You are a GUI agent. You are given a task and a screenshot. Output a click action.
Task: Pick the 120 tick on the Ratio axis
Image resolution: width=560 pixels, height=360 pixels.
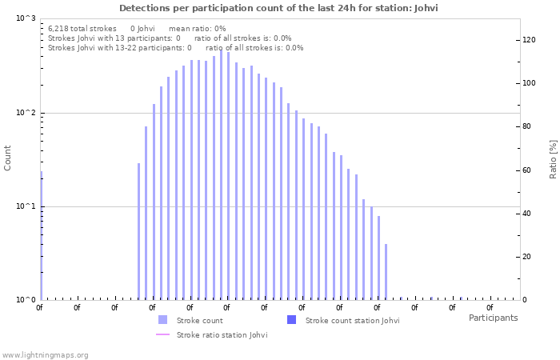[529, 40]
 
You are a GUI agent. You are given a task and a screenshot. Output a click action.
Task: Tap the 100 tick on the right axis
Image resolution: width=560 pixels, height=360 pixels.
[529, 83]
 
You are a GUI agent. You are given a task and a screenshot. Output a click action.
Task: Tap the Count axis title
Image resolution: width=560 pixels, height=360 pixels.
[8, 158]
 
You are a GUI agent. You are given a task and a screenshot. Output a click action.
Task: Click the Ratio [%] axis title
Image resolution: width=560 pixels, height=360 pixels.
[552, 158]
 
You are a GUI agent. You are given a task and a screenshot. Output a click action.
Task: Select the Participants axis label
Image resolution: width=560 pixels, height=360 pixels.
[493, 318]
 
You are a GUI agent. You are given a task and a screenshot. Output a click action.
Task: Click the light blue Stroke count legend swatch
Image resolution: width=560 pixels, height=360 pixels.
[163, 320]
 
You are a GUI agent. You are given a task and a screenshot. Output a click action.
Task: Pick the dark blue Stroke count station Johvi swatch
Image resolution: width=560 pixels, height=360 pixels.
[291, 320]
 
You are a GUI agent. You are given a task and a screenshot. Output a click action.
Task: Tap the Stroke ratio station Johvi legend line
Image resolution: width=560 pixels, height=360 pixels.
[163, 334]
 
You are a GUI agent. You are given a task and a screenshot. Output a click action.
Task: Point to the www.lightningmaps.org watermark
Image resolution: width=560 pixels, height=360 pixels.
[45, 354]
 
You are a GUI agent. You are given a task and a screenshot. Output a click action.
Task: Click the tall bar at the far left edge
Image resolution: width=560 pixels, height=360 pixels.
[41, 236]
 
